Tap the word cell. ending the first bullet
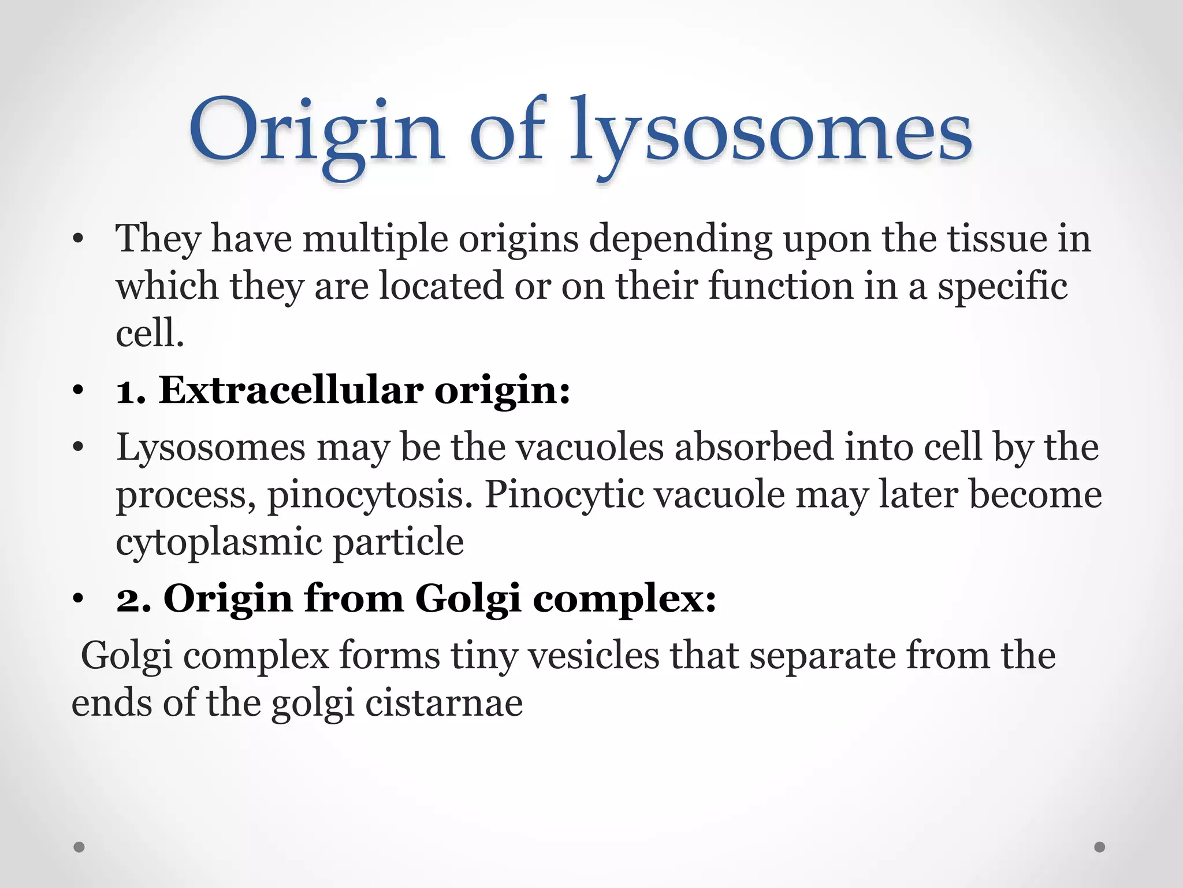tap(150, 334)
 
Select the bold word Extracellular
tap(291, 390)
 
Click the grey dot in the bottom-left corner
tap(80, 847)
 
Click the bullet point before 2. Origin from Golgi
tap(79, 599)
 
